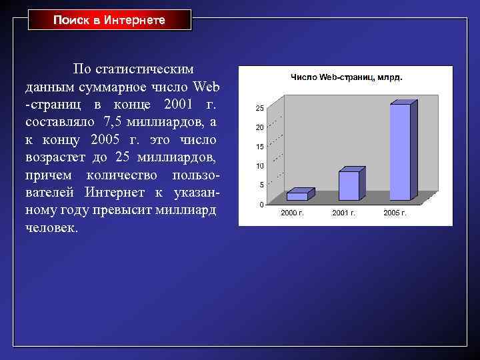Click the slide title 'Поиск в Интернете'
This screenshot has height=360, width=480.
109,21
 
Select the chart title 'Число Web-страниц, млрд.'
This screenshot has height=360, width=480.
346,77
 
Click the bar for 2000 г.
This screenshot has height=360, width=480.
298,196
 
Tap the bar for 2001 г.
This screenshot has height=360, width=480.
349,185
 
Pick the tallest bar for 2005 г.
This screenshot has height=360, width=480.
400,152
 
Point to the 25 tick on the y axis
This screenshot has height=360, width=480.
260,108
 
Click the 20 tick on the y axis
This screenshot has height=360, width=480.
260,127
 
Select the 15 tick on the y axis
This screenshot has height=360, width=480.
260,147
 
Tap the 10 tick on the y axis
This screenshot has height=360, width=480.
260,165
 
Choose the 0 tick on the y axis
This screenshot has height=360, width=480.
262,204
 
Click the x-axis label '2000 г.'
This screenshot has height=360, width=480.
292,213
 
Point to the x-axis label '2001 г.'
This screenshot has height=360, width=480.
343,213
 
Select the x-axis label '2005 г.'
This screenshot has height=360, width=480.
395,213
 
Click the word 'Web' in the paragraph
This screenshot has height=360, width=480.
205,87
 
